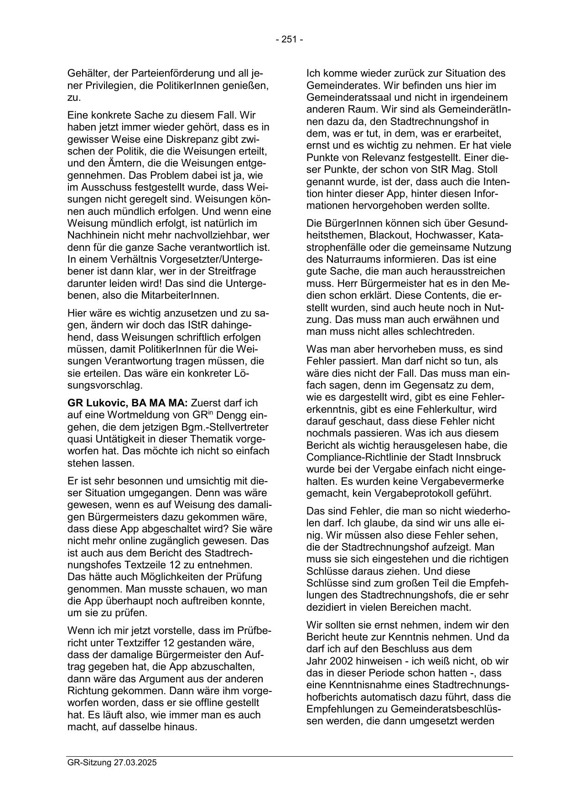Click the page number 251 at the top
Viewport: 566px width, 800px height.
(x=289, y=40)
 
